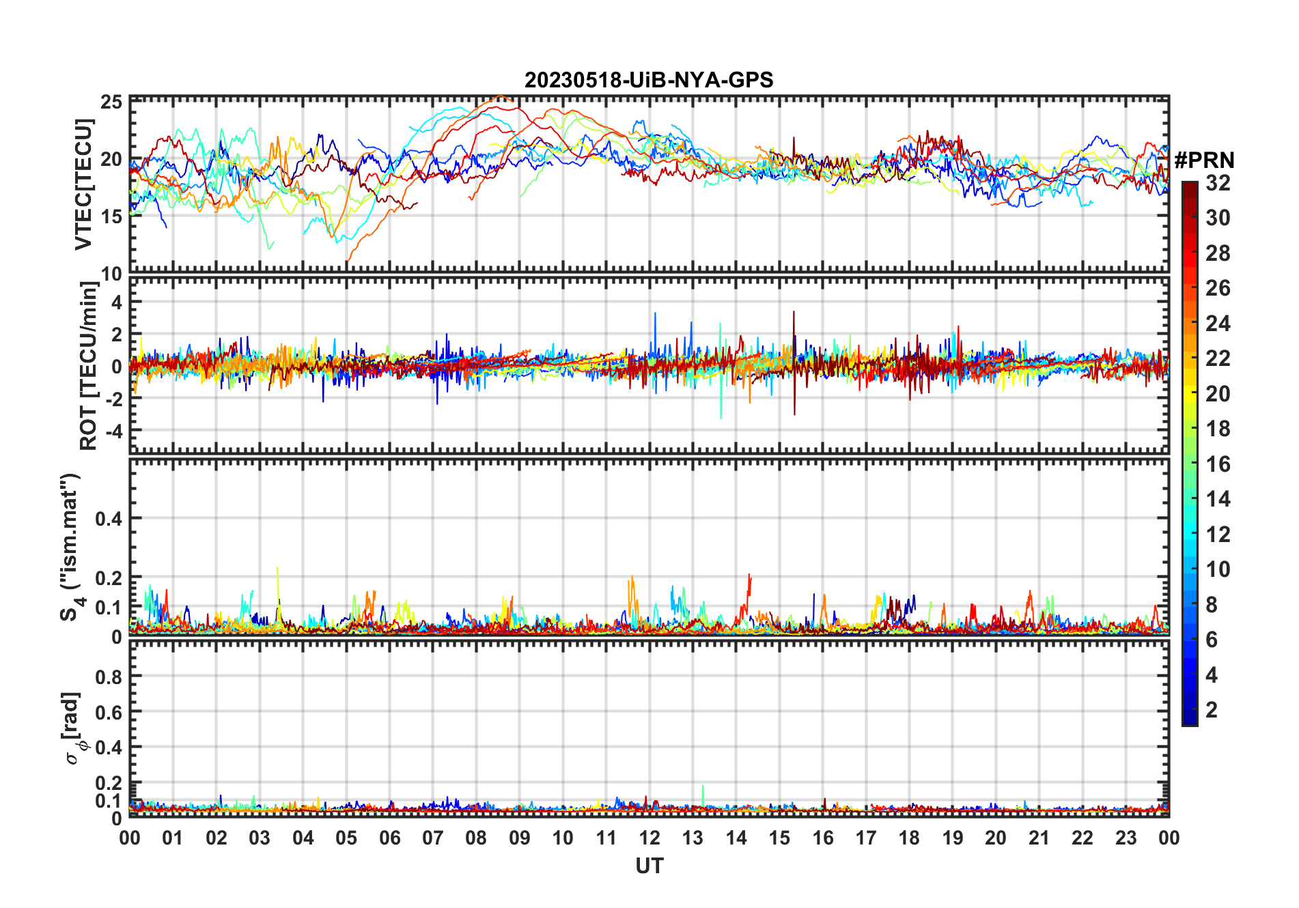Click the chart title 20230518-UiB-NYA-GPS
point(649,81)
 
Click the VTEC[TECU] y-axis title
point(84,184)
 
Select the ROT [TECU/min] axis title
point(89,366)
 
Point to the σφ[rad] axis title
point(75,728)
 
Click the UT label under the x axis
point(649,866)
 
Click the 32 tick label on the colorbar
point(1218,183)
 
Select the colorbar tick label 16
point(1218,464)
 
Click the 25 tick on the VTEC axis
point(111,102)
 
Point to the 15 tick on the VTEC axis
point(111,216)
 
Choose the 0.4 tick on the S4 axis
point(109,519)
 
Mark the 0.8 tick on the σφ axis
point(109,677)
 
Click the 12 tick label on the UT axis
point(649,838)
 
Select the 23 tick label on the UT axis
point(1126,838)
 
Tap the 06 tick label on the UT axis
point(389,838)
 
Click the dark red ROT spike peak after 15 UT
point(794,312)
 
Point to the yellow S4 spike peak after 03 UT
point(277,567)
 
